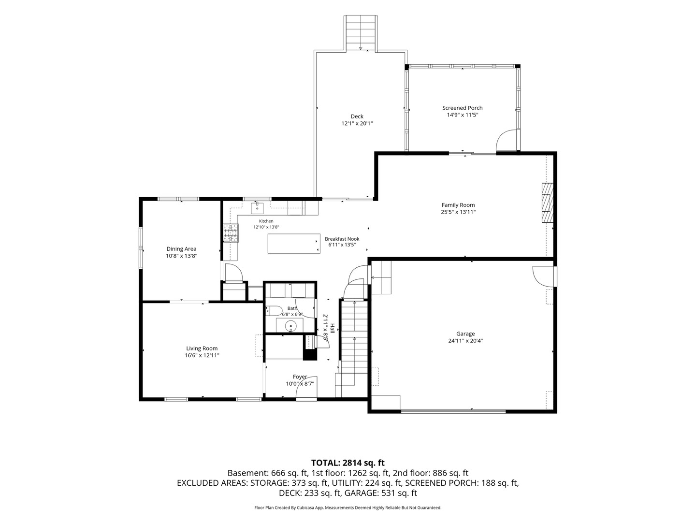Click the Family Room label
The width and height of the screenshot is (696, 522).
click(x=458, y=205)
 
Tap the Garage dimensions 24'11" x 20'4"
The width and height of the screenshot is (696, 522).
click(x=465, y=341)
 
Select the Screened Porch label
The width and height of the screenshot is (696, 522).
click(x=463, y=108)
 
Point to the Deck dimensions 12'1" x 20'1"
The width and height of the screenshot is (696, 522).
click(x=357, y=123)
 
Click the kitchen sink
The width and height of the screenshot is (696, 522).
click(x=257, y=208)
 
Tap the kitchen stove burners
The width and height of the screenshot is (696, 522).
click(x=231, y=233)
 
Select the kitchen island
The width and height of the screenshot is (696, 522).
click(x=293, y=244)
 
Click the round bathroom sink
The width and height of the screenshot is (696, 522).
click(x=290, y=325)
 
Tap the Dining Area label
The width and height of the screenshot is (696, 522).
click(x=181, y=249)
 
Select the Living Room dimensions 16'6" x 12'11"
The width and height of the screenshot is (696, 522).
click(x=202, y=355)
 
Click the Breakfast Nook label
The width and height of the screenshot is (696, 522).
click(x=342, y=239)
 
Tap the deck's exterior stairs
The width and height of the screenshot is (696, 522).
click(x=361, y=33)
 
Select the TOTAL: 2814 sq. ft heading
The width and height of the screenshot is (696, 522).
click(x=348, y=463)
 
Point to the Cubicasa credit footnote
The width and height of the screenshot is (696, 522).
click(x=348, y=507)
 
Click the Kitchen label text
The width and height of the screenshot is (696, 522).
click(x=266, y=221)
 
